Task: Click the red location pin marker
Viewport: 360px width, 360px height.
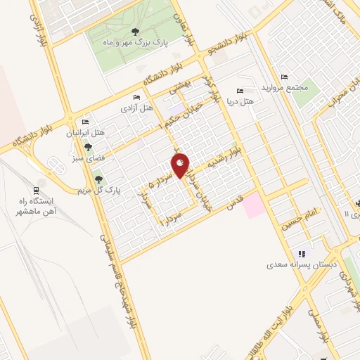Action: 181,165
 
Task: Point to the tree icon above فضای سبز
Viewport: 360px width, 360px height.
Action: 88,147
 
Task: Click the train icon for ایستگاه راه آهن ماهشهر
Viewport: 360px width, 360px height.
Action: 37,189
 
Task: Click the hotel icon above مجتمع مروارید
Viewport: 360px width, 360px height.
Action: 284,77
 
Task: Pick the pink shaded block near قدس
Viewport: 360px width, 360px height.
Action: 255,205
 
